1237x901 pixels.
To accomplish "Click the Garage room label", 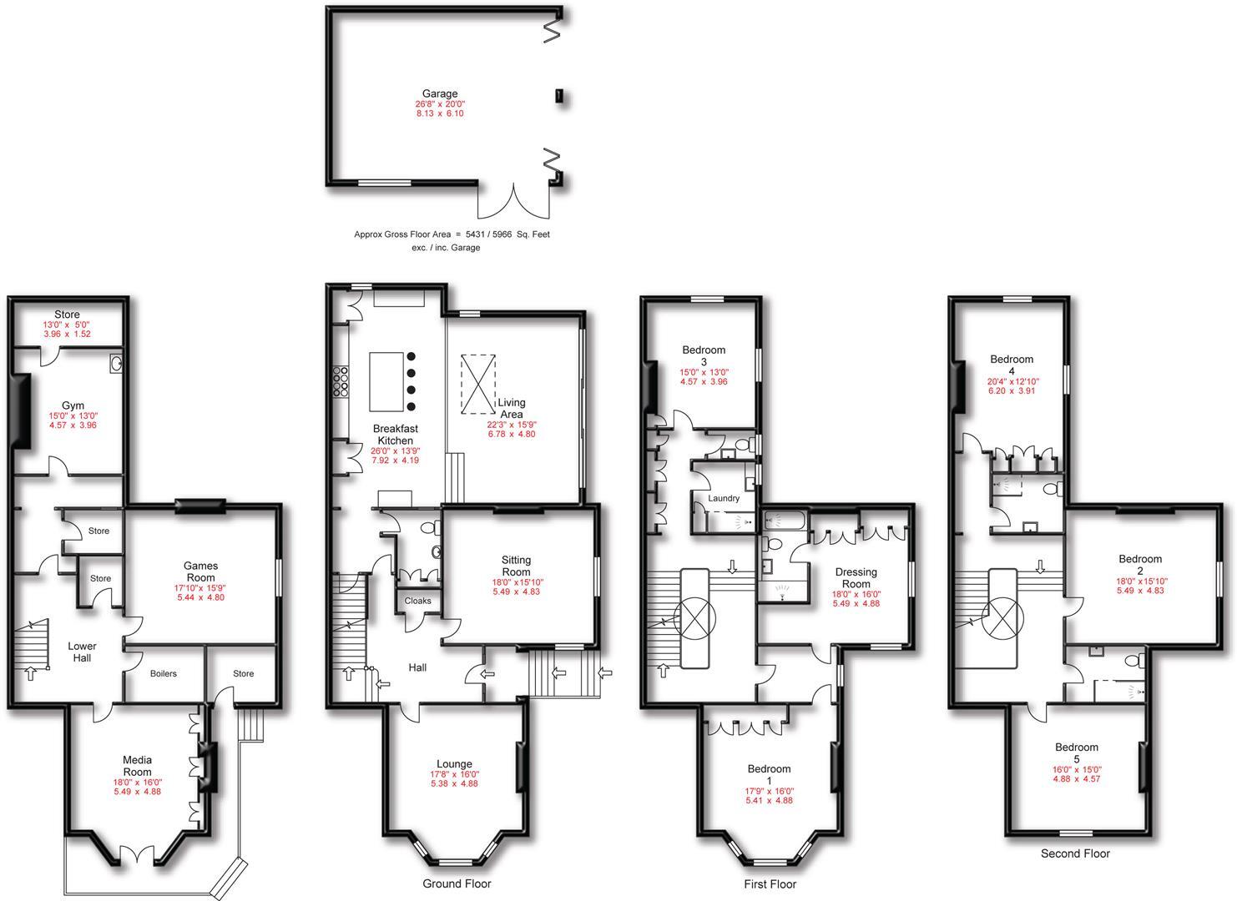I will tap(439, 93).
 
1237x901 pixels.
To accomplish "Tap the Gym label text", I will tap(73, 405).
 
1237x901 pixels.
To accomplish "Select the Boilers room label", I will tap(164, 673).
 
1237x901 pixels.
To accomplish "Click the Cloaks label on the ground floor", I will tap(417, 601).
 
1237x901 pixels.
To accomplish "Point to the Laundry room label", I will tap(724, 498).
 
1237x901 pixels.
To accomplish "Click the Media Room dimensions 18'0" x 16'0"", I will tap(138, 783).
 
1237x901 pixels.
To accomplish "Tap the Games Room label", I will tap(200, 571).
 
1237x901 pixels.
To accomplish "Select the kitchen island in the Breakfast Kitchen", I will tap(386, 380).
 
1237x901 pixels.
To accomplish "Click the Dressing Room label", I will tap(856, 577).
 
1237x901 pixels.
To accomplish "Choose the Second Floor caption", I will tap(1075, 853).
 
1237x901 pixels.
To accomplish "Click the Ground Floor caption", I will tap(457, 883).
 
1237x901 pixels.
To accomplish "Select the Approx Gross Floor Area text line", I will tap(452, 234).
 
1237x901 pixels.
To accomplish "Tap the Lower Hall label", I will tap(82, 652).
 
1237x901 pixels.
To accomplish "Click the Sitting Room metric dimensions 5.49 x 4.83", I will tap(516, 591).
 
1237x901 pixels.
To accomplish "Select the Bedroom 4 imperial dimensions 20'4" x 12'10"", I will tap(1012, 381).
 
